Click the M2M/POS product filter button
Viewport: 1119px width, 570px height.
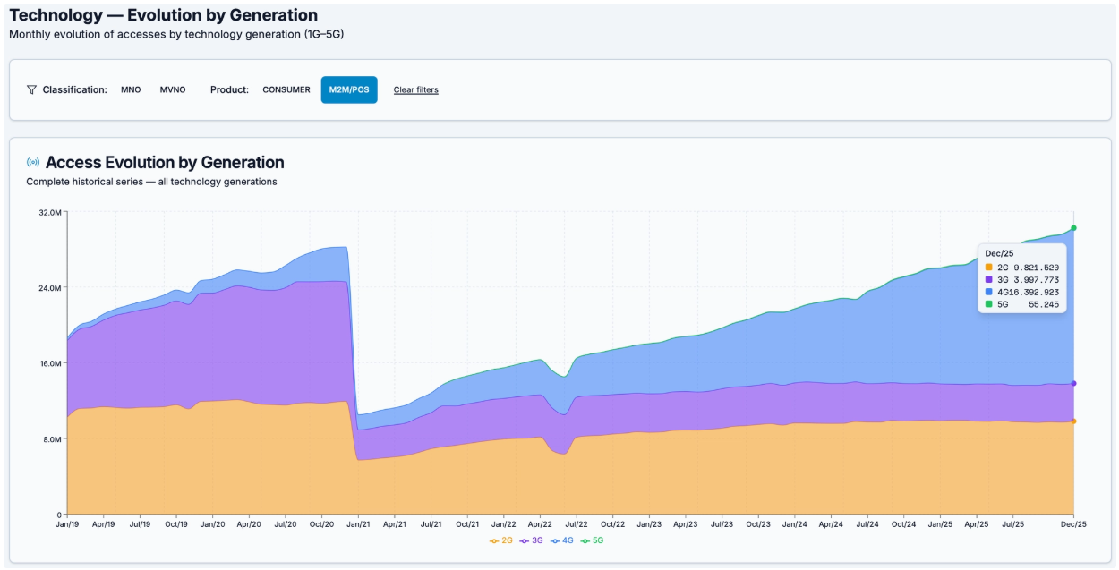[x=349, y=89]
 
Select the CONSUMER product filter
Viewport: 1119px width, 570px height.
[x=286, y=89]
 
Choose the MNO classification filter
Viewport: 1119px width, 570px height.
[x=131, y=89]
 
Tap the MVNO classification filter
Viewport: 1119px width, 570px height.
[x=173, y=89]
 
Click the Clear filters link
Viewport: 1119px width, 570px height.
[x=415, y=89]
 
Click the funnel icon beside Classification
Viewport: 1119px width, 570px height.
[x=32, y=89]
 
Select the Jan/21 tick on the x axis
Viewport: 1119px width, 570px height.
[x=358, y=524]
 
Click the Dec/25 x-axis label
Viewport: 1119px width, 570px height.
[x=1073, y=524]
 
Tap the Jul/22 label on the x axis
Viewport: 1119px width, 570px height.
[x=576, y=524]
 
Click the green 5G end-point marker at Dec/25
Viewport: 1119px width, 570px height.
[x=1073, y=228]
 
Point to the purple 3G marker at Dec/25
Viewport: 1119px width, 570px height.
[x=1073, y=383]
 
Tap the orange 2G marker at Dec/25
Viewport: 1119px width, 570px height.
[x=1073, y=421]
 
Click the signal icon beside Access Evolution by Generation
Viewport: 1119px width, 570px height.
[x=33, y=163]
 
